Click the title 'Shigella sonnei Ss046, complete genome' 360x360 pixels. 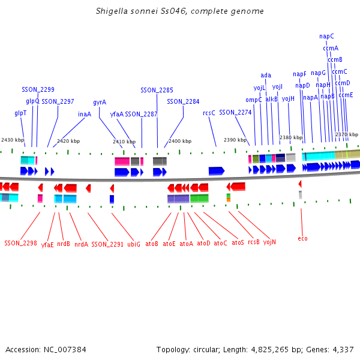click(x=180, y=11)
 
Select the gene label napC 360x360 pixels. click(x=326, y=36)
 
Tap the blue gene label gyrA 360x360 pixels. click(x=100, y=102)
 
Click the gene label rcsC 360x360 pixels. click(x=209, y=112)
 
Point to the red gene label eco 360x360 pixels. click(x=302, y=238)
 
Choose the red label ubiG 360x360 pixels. click(x=134, y=244)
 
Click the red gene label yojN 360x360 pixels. click(x=269, y=242)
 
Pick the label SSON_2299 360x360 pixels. click(x=38, y=89)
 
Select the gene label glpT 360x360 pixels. click(x=20, y=113)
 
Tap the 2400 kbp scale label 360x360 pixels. click(x=180, y=141)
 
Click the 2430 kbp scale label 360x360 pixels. click(x=13, y=140)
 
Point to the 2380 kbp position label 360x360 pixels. click(x=290, y=137)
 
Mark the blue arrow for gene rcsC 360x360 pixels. click(x=216, y=171)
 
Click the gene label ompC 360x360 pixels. click(x=253, y=100)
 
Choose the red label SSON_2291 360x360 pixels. click(x=107, y=244)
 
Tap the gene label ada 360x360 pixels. click(x=266, y=75)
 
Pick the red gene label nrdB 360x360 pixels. click(x=64, y=244)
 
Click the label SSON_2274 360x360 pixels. click(x=235, y=112)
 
